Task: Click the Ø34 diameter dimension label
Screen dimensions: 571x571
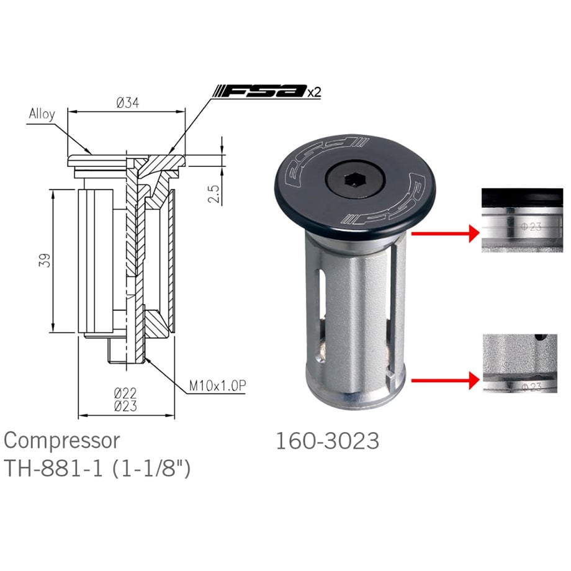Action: tap(128, 103)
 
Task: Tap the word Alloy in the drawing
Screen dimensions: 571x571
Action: tap(42, 114)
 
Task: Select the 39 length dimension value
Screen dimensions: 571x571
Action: tap(45, 261)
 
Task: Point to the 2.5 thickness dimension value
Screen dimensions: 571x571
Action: tap(214, 194)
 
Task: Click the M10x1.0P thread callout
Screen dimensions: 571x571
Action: tap(217, 386)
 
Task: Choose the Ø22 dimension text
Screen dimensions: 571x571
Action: tap(125, 393)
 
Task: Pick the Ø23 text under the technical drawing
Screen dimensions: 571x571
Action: tap(125, 406)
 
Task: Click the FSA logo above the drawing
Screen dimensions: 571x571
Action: tap(260, 91)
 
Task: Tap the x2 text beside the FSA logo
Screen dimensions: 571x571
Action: tap(314, 92)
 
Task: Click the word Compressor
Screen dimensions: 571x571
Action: tap(62, 440)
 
